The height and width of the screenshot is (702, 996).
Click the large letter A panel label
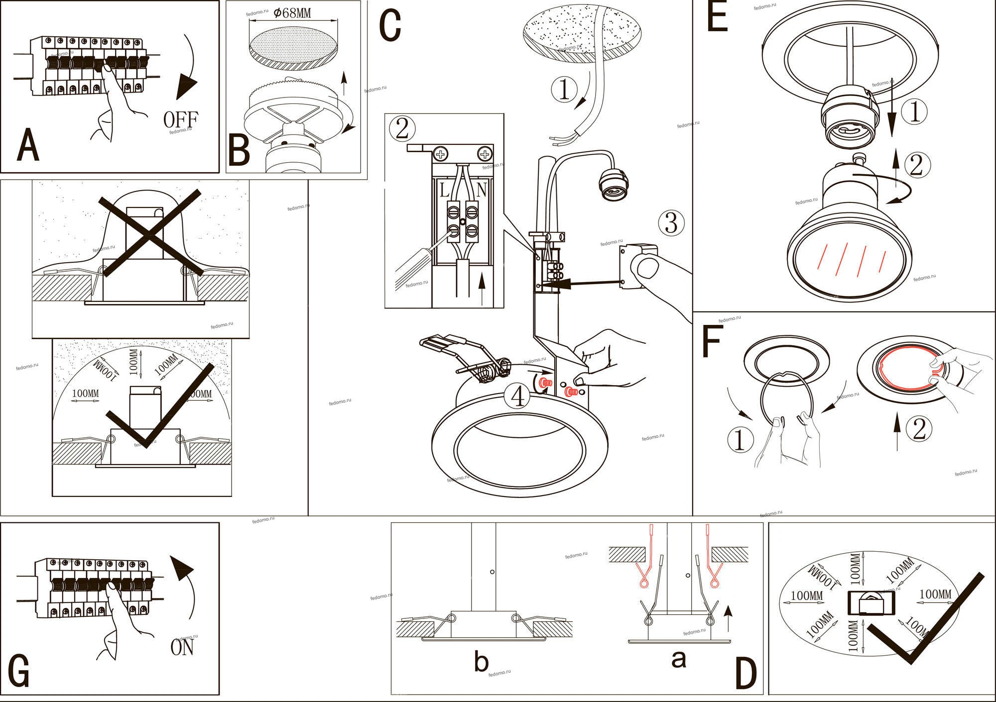(x=28, y=145)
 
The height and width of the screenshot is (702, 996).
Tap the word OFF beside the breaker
(x=181, y=119)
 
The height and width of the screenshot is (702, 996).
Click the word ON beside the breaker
(x=182, y=647)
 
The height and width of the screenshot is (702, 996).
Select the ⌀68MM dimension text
(x=292, y=13)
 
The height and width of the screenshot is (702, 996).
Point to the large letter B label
(x=239, y=151)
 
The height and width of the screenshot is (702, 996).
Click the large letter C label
(x=390, y=26)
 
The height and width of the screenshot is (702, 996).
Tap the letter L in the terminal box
(x=444, y=191)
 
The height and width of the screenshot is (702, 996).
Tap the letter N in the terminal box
(x=481, y=191)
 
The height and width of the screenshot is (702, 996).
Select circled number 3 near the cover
(x=671, y=223)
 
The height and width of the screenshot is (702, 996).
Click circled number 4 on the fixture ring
(x=518, y=397)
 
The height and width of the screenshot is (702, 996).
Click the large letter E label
(x=717, y=18)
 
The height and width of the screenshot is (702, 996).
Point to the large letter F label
(x=712, y=343)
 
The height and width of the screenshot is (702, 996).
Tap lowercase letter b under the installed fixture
(x=481, y=662)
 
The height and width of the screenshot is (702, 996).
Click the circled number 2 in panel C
(x=402, y=128)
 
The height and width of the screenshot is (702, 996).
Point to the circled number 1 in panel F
(x=740, y=440)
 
